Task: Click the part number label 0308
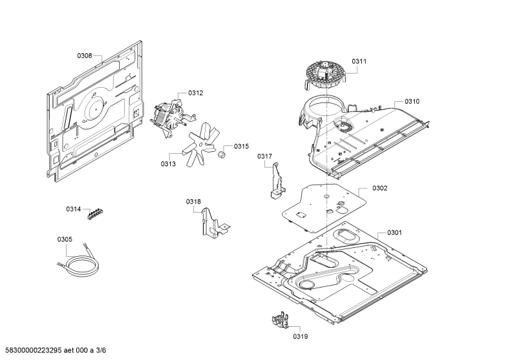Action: coord(85,56)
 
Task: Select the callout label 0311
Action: coord(359,61)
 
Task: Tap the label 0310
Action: coord(412,101)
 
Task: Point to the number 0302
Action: coord(380,188)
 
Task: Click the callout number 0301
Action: coord(394,233)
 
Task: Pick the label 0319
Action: coord(300,336)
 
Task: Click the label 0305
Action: coord(65,240)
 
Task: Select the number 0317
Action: coord(264,156)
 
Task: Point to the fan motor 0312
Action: coord(172,116)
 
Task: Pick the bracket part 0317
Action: coord(277,181)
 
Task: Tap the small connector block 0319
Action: coord(280,320)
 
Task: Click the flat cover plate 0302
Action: coord(324,208)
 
